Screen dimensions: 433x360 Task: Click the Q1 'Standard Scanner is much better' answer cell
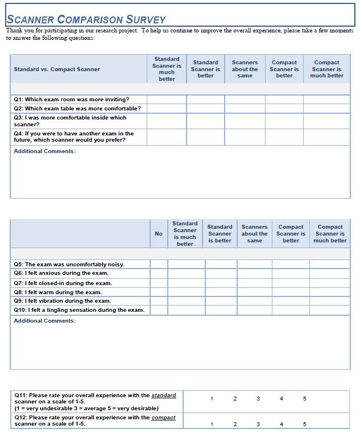[x=167, y=100]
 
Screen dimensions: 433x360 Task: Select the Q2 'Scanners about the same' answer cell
[x=245, y=108]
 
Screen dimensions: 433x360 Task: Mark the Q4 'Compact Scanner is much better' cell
[x=326, y=137]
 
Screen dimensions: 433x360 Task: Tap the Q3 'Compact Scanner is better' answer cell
[x=284, y=121]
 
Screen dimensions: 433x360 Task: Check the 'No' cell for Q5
[x=159, y=264]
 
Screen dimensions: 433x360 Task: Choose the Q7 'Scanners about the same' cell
[x=254, y=283]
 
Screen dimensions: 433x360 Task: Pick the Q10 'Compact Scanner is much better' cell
[x=330, y=310]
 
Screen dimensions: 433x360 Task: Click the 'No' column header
[x=159, y=234]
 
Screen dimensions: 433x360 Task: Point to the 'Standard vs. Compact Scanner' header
[x=57, y=69]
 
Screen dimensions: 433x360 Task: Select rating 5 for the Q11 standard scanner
[x=304, y=399]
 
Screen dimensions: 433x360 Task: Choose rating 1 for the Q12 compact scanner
[x=212, y=424]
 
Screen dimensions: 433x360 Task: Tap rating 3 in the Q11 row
[x=258, y=399]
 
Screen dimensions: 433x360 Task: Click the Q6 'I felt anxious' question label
[x=61, y=273]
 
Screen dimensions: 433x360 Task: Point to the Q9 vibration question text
[x=63, y=301]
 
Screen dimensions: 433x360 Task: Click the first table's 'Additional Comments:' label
[x=44, y=151]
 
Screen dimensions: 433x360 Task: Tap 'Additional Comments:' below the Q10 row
[x=44, y=321]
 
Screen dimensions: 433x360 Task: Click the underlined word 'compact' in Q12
[x=163, y=418]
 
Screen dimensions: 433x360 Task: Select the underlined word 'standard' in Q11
[x=164, y=395]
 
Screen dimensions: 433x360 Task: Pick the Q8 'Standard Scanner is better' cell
[x=221, y=292]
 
